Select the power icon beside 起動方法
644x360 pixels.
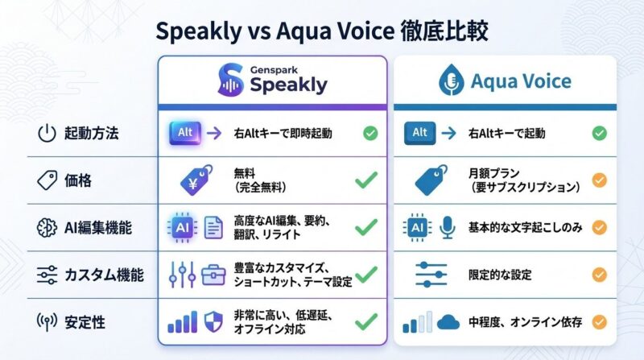[x=47, y=134]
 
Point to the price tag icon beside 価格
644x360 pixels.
[x=47, y=181]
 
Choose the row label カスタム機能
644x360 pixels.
[x=103, y=275]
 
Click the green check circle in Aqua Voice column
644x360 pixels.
[x=599, y=134]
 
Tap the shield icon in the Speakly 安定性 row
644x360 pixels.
[x=213, y=322]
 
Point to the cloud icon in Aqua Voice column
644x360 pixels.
[x=448, y=323]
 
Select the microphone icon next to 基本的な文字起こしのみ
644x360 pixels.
[x=447, y=229]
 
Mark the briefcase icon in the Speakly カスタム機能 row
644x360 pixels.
[x=213, y=275]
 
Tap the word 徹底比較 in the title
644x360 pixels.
[x=444, y=32]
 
